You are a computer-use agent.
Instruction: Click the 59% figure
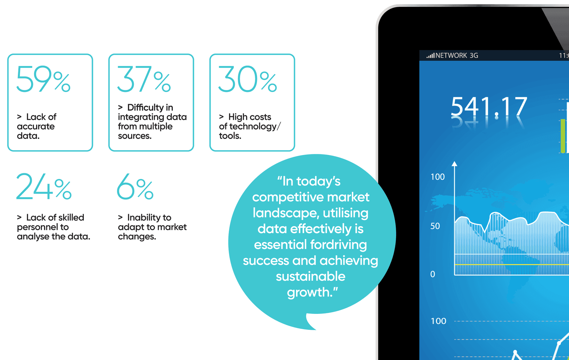[43, 79]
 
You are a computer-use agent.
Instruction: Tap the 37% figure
[144, 79]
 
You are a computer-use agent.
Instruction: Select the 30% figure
[248, 79]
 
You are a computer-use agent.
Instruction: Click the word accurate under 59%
[36, 126]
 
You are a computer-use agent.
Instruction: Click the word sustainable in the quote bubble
[311, 276]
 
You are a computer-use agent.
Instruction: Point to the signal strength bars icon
[431, 56]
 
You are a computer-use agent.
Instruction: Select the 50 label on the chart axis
[435, 226]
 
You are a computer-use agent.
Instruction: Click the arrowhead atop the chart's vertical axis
[455, 164]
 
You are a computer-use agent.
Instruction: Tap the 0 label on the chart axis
[433, 274]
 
